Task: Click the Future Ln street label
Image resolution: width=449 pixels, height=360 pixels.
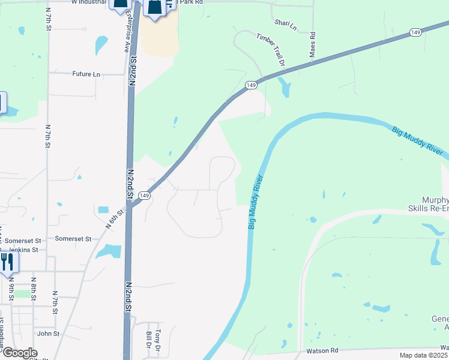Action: pos(86,74)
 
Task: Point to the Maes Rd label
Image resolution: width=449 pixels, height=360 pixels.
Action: pos(313,46)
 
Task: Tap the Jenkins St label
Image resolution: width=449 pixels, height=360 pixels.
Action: pos(22,250)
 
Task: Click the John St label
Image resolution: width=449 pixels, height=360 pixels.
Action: pos(49,334)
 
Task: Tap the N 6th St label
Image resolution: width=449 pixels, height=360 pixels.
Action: pos(116,218)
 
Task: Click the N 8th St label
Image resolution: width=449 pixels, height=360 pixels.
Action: pos(34,287)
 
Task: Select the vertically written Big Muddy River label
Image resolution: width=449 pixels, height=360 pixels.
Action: pos(256,202)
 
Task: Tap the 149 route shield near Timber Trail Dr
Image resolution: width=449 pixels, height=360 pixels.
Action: pos(252,86)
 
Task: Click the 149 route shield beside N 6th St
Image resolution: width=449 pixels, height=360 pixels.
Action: pos(144,196)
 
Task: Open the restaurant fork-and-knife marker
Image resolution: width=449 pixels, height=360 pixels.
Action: pos(7,262)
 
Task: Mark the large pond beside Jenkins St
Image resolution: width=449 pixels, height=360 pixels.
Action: pos(109,251)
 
